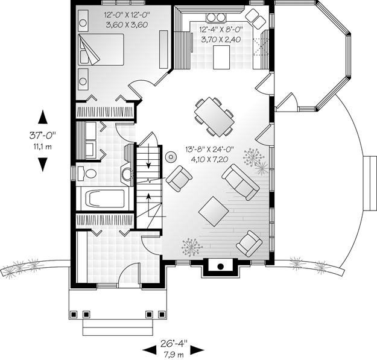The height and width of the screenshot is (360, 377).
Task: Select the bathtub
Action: tap(104, 198)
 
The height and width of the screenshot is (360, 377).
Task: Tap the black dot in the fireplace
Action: tap(221, 267)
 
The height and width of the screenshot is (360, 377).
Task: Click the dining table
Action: tap(214, 117)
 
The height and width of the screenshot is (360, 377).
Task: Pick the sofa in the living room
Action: tap(241, 182)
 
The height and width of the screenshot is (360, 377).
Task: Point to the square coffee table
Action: tap(214, 211)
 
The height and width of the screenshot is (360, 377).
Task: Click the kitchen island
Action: tap(221, 57)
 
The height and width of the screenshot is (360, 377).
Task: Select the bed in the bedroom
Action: tap(101, 49)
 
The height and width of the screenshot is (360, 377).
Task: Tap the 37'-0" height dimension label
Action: tap(43, 135)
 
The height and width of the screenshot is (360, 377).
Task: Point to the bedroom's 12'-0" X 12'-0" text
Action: tap(127, 15)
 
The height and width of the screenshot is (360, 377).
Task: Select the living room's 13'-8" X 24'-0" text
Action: tap(210, 150)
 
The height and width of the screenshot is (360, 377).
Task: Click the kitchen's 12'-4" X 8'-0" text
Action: tap(221, 30)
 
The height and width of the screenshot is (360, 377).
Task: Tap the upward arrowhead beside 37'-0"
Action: tap(43, 117)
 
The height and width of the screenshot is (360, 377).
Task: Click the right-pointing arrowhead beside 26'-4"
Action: tap(197, 350)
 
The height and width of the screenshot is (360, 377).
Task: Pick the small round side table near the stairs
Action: tap(171, 157)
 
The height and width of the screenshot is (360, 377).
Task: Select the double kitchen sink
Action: tap(216, 17)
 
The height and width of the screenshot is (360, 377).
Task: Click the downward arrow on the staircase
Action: tap(148, 155)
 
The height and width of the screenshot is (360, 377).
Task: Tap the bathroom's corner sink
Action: tap(126, 173)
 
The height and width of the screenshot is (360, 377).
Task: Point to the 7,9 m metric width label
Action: tap(174, 354)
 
